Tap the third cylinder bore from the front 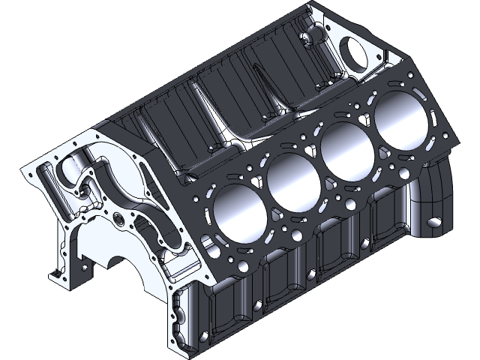[x=345, y=150]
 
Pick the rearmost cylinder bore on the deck [x=398, y=120]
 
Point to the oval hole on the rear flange [x=435, y=223]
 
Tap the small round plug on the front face [x=119, y=221]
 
